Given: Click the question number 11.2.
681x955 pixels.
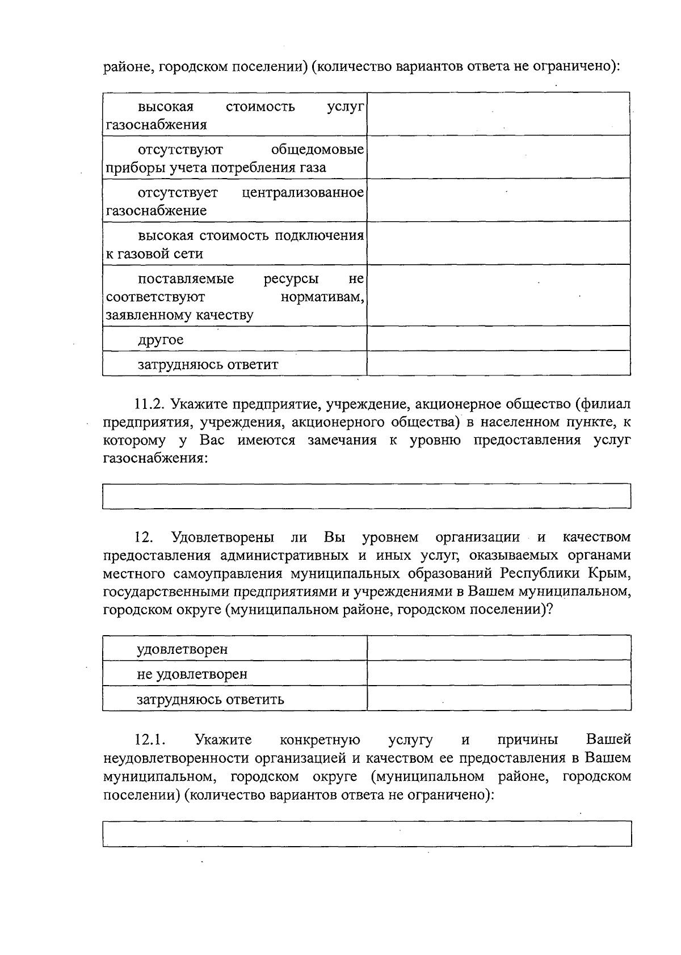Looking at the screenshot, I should coord(149,404).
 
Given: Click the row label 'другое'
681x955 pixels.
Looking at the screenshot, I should coord(161,340).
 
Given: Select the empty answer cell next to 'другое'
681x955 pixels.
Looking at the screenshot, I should coord(498,339).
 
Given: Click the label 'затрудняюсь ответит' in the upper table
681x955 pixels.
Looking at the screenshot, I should coord(208,365).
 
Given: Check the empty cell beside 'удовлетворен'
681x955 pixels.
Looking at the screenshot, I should coord(499,648).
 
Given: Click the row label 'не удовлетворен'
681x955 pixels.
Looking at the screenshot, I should coord(192,674).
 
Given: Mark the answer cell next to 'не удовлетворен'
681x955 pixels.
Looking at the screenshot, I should coord(499,673).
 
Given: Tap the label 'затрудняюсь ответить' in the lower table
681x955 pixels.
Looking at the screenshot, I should coord(210,699).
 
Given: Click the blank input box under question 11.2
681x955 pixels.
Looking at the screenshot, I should coord(367,496).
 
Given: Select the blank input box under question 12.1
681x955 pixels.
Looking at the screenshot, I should coord(367,833).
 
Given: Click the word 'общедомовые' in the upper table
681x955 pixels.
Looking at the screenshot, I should coord(317,150).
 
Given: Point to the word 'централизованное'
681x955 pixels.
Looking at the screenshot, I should coord(302,193).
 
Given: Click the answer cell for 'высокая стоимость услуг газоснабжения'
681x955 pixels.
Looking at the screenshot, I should coord(498,114).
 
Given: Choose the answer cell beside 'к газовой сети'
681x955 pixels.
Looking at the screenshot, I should coord(498,243).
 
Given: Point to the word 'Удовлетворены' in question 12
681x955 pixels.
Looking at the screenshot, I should coord(223,537).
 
